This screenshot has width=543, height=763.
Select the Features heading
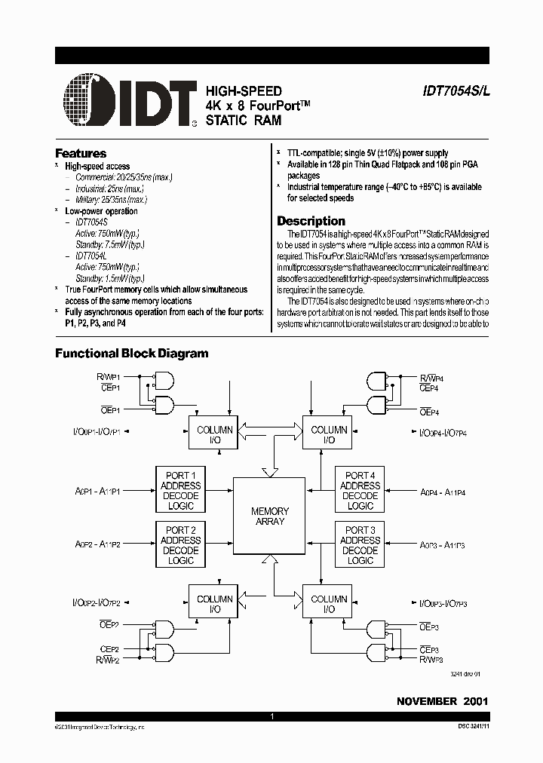(x=81, y=153)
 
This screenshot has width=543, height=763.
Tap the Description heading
(x=311, y=221)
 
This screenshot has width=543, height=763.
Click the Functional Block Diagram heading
(x=132, y=353)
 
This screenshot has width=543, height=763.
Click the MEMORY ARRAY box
(x=269, y=516)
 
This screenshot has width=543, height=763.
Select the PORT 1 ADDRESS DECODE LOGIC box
(x=180, y=491)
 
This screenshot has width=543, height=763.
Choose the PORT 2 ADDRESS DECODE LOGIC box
(x=180, y=545)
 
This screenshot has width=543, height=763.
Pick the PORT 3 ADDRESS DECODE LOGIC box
(x=360, y=545)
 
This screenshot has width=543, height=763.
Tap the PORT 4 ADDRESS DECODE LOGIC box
(x=360, y=491)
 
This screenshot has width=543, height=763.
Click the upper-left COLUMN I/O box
(x=214, y=434)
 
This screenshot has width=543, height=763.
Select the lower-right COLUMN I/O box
(x=329, y=604)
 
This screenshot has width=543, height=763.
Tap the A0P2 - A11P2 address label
(x=97, y=544)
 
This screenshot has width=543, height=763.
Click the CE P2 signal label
(x=109, y=649)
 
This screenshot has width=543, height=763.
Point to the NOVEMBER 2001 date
(x=443, y=701)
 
